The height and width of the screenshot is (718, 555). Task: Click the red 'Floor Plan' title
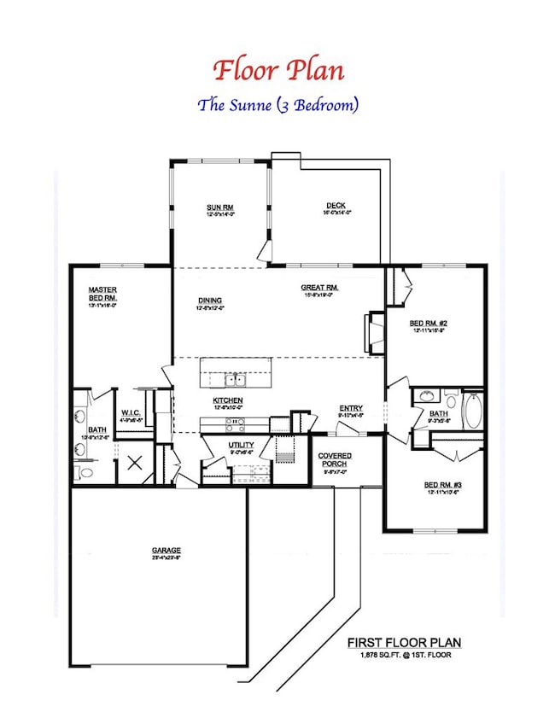(277, 69)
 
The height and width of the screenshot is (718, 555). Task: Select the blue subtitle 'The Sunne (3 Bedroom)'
(277, 106)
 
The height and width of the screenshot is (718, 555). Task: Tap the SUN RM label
(219, 207)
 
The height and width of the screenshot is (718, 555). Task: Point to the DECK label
(335, 206)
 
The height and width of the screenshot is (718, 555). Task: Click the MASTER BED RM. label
(102, 294)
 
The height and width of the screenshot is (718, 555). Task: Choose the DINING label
(210, 301)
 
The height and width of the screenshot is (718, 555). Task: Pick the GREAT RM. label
(320, 289)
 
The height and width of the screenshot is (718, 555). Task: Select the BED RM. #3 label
(443, 486)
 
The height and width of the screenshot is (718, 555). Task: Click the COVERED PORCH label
(335, 459)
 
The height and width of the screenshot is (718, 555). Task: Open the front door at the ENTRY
(351, 432)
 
